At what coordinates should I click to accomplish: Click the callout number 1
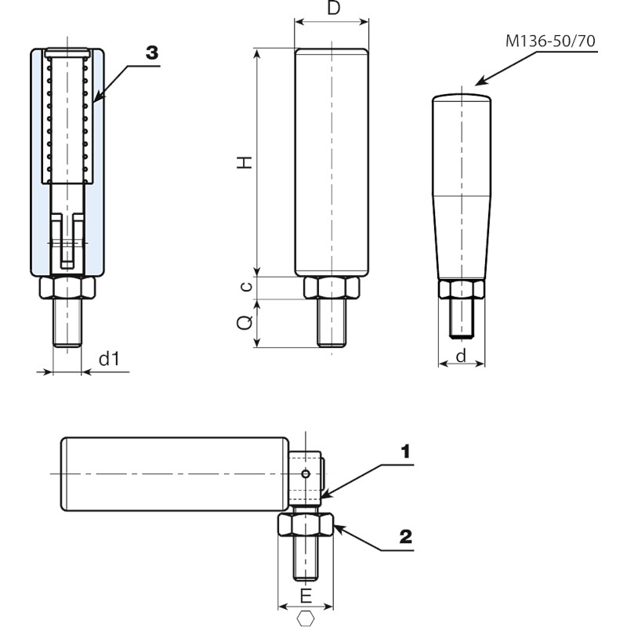point(405,451)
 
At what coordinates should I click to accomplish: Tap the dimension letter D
point(333,9)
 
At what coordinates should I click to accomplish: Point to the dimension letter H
point(246,162)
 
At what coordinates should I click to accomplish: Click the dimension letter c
point(246,287)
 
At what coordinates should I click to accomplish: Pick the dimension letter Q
point(246,322)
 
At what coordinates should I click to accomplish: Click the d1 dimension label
point(108,360)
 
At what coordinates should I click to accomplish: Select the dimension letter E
point(306,596)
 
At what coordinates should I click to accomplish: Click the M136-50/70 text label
point(549,41)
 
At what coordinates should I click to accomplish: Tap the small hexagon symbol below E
point(306,618)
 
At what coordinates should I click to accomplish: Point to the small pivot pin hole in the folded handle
point(307,472)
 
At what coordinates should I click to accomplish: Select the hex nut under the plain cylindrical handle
point(332,288)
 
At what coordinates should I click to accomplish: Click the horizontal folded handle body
point(172,474)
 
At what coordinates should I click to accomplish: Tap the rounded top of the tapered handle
point(462,97)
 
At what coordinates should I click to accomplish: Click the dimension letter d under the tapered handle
point(461,357)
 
